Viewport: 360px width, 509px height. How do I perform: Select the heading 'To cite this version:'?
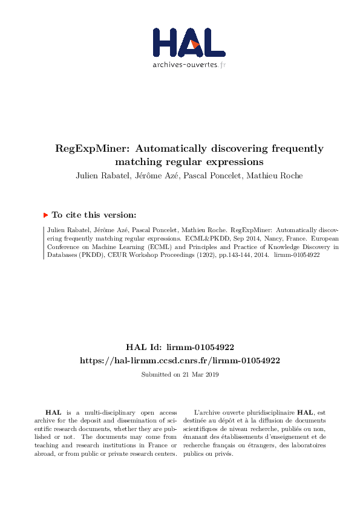point(94,215)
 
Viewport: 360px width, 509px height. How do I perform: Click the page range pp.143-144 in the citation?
point(233,255)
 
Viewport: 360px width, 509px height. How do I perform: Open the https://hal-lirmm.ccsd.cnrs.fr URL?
point(180,360)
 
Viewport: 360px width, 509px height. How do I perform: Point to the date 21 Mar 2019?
point(201,375)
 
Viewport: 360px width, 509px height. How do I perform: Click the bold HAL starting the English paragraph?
point(53,412)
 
